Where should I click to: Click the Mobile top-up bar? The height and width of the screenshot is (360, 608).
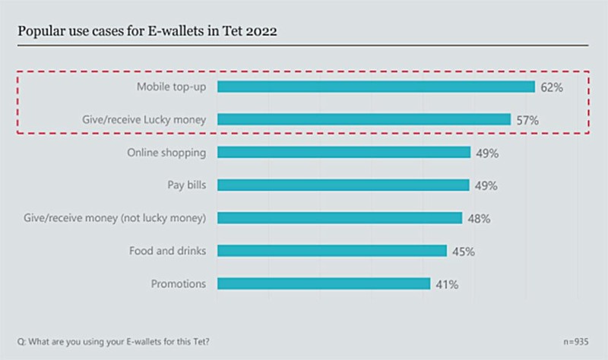pos(376,87)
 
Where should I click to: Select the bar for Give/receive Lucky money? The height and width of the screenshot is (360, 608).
pos(364,119)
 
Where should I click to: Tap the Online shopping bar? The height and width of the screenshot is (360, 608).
pos(344,153)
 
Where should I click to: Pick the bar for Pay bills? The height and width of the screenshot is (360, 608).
pos(344,185)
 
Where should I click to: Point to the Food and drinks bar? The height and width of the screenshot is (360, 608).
pos(332,251)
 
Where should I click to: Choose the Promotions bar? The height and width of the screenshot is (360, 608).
pos(324,284)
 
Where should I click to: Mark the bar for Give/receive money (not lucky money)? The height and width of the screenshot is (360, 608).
pos(340,218)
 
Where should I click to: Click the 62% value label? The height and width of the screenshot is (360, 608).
pos(551,87)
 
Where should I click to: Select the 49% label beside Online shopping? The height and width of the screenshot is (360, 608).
pos(486,153)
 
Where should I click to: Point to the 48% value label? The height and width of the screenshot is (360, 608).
pos(478,219)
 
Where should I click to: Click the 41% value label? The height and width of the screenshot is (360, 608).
pos(446,285)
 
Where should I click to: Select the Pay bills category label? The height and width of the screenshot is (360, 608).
pos(186,185)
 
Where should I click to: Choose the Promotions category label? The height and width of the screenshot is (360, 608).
pos(178,284)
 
